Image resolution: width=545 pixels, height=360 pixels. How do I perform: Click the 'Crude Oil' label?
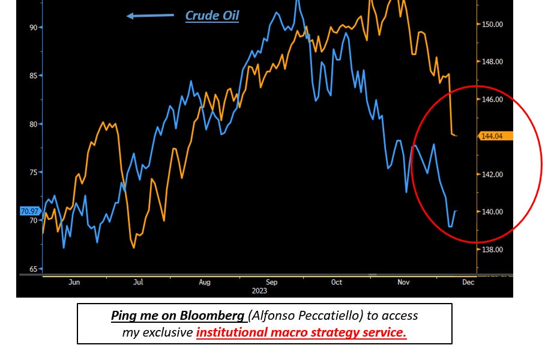[212, 16]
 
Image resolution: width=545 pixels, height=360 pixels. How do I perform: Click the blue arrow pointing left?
[150, 16]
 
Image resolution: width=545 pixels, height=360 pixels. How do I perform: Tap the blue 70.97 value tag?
[30, 211]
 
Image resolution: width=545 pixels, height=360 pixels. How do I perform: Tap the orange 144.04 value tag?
[495, 136]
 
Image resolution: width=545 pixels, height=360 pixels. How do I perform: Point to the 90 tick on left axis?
[34, 27]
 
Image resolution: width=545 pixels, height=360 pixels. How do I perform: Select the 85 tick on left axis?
[34, 76]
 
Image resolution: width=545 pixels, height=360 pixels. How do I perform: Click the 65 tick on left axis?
[34, 269]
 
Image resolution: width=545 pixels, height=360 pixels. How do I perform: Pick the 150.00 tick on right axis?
[492, 25]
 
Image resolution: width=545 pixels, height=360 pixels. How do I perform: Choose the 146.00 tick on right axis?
[492, 100]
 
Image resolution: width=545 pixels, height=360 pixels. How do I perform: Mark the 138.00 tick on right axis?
[492, 250]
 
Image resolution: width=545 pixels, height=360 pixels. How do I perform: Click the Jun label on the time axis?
[74, 282]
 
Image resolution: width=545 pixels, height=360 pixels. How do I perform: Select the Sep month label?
[271, 282]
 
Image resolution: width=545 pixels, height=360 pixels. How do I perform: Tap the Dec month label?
[468, 282]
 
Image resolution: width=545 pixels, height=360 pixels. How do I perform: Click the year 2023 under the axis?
[259, 291]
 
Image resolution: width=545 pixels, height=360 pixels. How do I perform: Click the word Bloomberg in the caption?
[212, 316]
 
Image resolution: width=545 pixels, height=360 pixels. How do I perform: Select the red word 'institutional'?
[232, 332]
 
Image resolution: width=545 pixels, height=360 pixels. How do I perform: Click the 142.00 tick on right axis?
[492, 175]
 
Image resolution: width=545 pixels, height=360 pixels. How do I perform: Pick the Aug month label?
[204, 282]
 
